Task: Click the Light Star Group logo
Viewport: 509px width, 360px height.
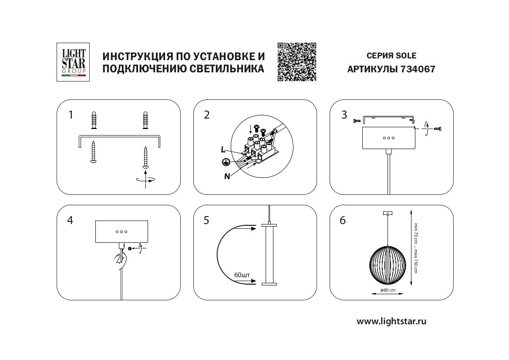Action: tap(73, 62)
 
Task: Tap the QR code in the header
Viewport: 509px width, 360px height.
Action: tap(297, 62)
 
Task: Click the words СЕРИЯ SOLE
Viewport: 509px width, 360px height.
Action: tap(391, 56)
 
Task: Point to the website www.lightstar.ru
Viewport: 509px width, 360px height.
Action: tap(391, 322)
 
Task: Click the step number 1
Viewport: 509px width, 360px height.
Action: tap(71, 115)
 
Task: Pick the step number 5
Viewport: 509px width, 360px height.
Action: tap(206, 221)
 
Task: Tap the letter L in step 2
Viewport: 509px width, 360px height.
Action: tap(223, 149)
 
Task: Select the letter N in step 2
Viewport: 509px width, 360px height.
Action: tap(227, 176)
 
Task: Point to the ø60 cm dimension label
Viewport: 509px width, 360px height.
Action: tap(388, 290)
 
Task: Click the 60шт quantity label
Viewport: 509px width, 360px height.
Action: tap(242, 275)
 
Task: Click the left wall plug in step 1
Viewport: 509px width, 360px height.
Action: tap(93, 121)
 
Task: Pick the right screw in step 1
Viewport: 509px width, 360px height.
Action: tap(145, 157)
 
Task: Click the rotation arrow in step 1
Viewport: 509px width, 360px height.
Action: tap(145, 179)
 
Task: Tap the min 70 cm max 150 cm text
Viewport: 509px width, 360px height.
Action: tap(415, 248)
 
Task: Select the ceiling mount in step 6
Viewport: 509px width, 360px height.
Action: tap(387, 213)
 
